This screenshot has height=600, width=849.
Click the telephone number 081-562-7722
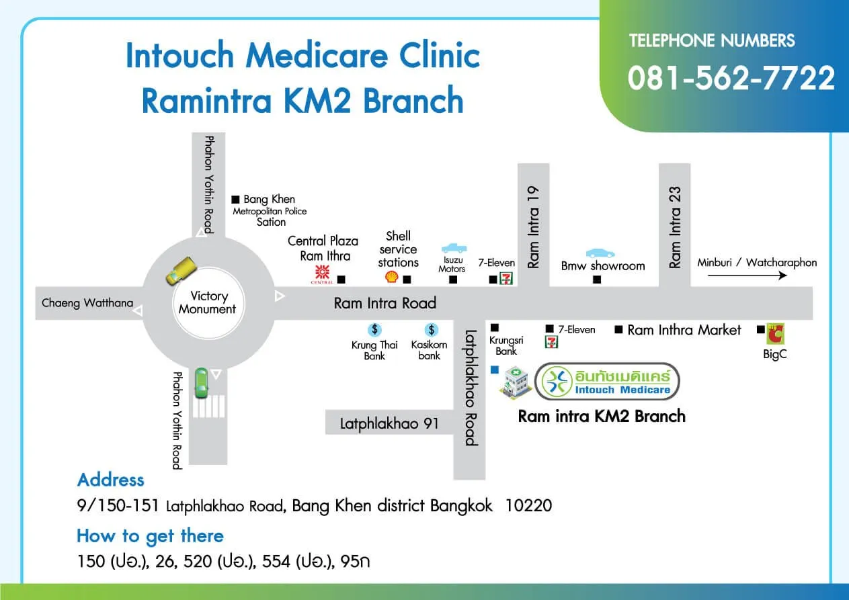tap(731, 79)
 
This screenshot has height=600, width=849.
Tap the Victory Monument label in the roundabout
tap(208, 302)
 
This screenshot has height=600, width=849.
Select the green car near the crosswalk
tap(201, 384)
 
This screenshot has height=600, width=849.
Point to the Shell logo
tap(391, 277)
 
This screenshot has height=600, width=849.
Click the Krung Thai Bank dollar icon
tap(374, 329)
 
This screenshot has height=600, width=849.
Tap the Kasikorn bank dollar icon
tap(431, 329)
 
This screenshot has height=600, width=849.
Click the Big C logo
tap(776, 334)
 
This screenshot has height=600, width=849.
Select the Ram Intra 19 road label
tap(534, 228)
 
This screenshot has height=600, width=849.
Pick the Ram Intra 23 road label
tap(676, 228)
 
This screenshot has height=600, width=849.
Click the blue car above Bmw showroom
tap(600, 253)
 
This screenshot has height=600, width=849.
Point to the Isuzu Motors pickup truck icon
tap(454, 248)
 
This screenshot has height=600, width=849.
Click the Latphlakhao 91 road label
tap(389, 423)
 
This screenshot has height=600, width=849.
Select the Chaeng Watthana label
tap(87, 302)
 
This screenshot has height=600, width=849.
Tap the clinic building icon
tap(515, 381)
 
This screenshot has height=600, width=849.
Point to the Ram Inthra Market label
tap(684, 329)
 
